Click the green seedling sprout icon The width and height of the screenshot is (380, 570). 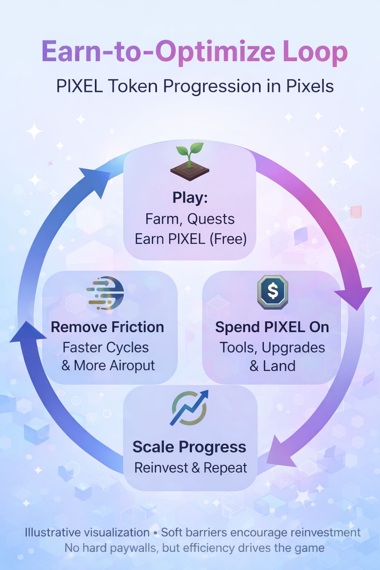tap(190, 162)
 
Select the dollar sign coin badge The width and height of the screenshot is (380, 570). tap(273, 292)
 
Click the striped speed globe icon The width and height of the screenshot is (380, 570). tap(106, 293)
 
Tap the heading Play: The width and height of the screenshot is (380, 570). tap(190, 197)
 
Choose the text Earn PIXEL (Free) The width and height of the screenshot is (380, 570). tap(190, 239)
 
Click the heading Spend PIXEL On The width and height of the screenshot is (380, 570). tap(272, 327)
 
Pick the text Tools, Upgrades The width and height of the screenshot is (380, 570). tap(272, 348)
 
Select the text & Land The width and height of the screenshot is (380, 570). tap(272, 366)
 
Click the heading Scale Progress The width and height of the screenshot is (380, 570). tap(189, 447)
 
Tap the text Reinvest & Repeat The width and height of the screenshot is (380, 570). tap(190, 468)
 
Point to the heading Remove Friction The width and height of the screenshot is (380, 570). tap(107, 327)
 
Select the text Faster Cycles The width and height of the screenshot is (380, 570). tap(105, 348)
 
